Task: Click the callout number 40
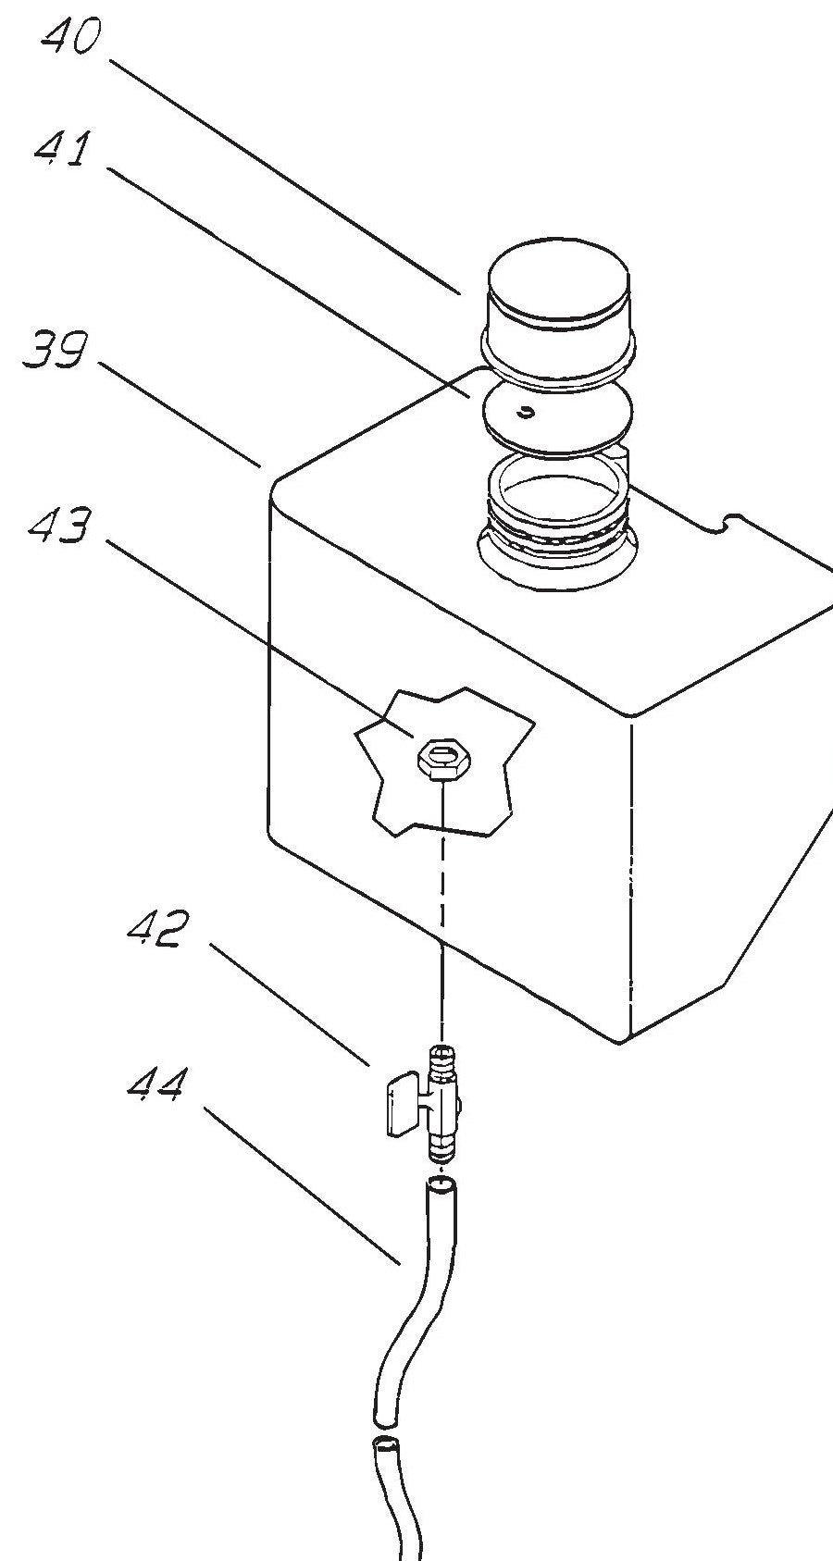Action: click(x=70, y=40)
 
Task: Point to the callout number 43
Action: click(x=59, y=528)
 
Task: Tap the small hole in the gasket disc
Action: click(x=527, y=413)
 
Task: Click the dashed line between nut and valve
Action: click(x=443, y=907)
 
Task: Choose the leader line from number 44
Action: click(x=301, y=1186)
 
